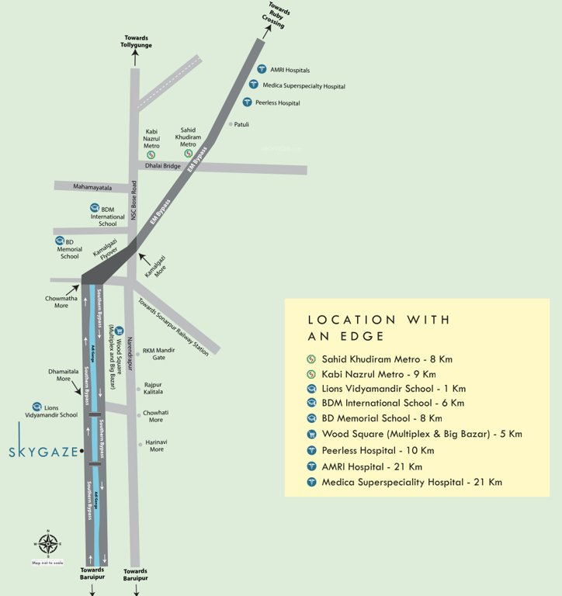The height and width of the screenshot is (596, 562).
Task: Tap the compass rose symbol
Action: coord(47,545)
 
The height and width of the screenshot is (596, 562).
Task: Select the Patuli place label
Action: coord(241,123)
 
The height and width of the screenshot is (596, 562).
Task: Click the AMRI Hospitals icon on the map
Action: coord(262,69)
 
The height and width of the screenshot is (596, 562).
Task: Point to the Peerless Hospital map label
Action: coord(277,102)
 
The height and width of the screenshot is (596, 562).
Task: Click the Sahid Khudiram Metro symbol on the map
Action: coord(188,154)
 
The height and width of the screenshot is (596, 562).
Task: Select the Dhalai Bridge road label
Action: coord(161,166)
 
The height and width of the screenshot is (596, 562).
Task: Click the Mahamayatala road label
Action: coord(92,187)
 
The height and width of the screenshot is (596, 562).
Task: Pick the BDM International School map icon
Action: coord(95,208)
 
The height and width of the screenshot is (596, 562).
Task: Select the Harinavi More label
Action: coord(156,445)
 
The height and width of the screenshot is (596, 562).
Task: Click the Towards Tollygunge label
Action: coord(137,42)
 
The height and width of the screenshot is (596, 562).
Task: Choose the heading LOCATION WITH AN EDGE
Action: coord(379,327)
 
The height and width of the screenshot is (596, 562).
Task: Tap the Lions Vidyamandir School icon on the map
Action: coord(36,407)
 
